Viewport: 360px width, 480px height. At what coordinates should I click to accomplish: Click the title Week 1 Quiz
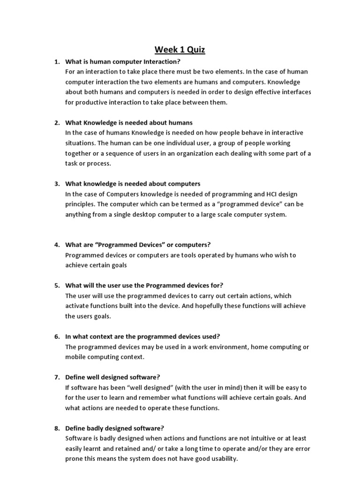pyautogui.click(x=180, y=49)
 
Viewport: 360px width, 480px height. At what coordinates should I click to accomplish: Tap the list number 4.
pyautogui.click(x=57, y=245)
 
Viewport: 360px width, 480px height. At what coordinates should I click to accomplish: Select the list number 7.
pyautogui.click(x=57, y=377)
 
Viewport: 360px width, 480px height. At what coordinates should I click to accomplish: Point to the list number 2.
pyautogui.click(x=57, y=123)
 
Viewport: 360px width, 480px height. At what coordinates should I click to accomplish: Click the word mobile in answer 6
pyautogui.click(x=75, y=357)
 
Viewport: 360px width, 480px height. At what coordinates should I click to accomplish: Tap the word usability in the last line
pyautogui.click(x=224, y=459)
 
